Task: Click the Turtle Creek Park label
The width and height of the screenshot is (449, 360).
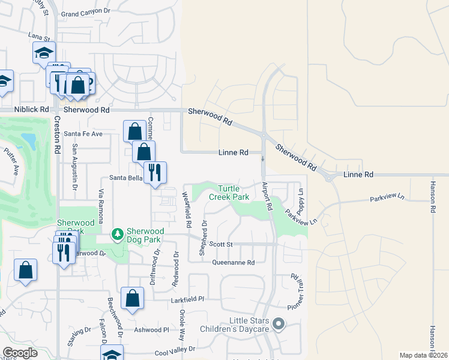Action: (229, 193)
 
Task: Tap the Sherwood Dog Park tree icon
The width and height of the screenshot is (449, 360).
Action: (118, 233)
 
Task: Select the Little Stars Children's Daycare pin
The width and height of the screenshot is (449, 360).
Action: (278, 325)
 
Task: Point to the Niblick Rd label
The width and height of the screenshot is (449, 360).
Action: (32, 110)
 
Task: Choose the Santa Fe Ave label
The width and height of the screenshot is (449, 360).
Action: (84, 133)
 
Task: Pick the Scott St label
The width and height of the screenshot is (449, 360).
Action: (221, 244)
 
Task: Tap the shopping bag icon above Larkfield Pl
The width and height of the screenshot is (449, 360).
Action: (132, 298)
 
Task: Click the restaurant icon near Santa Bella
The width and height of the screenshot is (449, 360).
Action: (155, 173)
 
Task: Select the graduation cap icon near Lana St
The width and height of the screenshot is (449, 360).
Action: (44, 53)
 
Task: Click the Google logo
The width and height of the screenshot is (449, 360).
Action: (20, 353)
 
